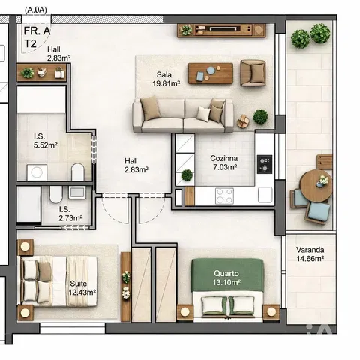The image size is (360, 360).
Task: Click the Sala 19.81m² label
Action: (166, 79)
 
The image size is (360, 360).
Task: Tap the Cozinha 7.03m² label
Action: (223, 163)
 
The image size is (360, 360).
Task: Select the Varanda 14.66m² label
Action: (310, 253)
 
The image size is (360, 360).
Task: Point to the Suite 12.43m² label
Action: (82, 287)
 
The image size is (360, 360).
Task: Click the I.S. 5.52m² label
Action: (46, 141)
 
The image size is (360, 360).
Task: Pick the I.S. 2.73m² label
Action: (70, 214)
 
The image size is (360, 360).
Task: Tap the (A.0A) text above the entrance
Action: (36, 10)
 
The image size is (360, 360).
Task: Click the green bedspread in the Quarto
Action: (227, 274)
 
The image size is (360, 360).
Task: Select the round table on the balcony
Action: (316, 185)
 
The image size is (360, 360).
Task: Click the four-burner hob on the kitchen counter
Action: (224, 196)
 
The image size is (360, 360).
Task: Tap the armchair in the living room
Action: (253, 73)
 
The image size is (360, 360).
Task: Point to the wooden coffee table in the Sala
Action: (211, 73)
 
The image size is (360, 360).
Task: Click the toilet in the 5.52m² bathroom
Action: (77, 172)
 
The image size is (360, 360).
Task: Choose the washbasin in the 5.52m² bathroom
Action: (37, 172)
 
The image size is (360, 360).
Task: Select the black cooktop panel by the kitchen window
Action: (265, 164)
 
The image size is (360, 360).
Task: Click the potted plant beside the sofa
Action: (260, 117)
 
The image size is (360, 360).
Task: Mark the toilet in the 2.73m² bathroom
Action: (55, 194)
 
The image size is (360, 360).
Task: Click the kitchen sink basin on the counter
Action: (265, 195)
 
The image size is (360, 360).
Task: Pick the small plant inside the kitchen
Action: (187, 175)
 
